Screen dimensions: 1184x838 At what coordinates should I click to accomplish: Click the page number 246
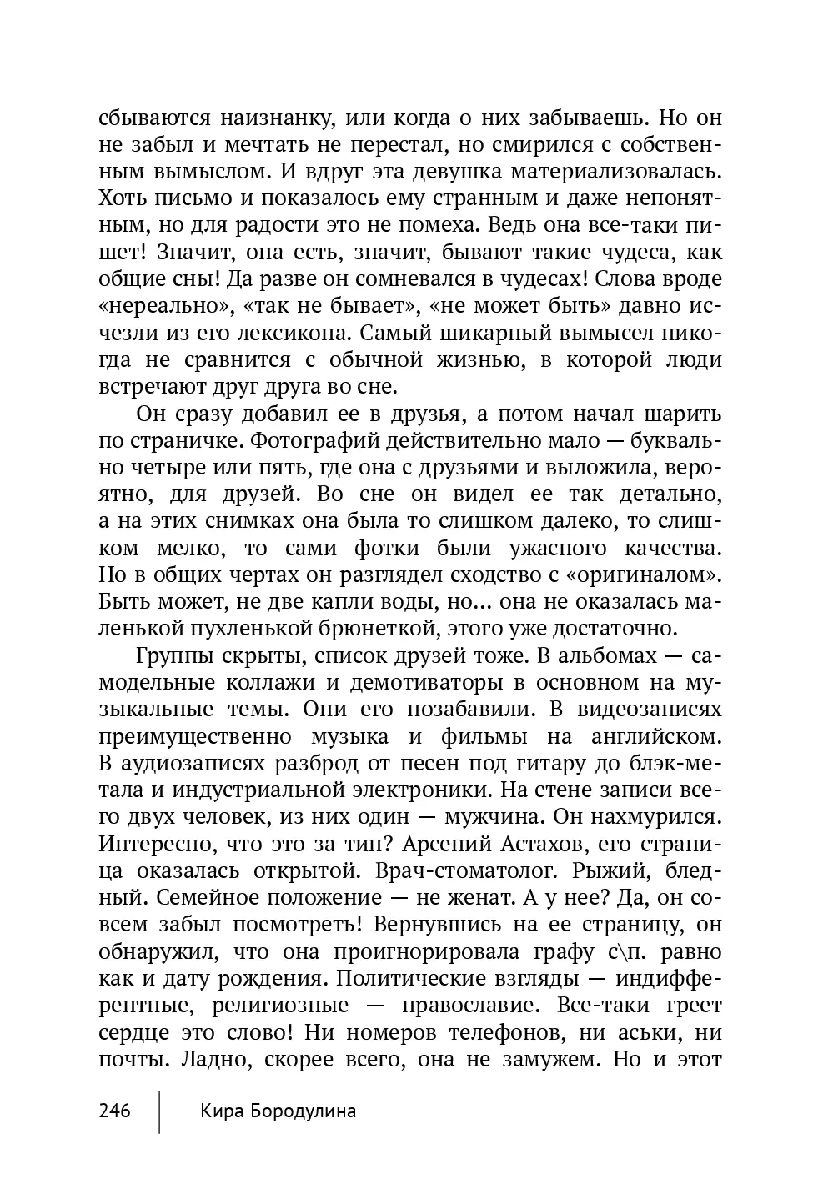(x=115, y=1111)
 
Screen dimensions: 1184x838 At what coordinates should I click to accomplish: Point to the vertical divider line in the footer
(x=159, y=1111)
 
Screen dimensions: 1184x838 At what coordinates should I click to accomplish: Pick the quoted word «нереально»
(x=166, y=306)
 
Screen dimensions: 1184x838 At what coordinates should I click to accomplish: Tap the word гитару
(x=548, y=765)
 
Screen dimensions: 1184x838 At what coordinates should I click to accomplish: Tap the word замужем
(x=549, y=1061)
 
